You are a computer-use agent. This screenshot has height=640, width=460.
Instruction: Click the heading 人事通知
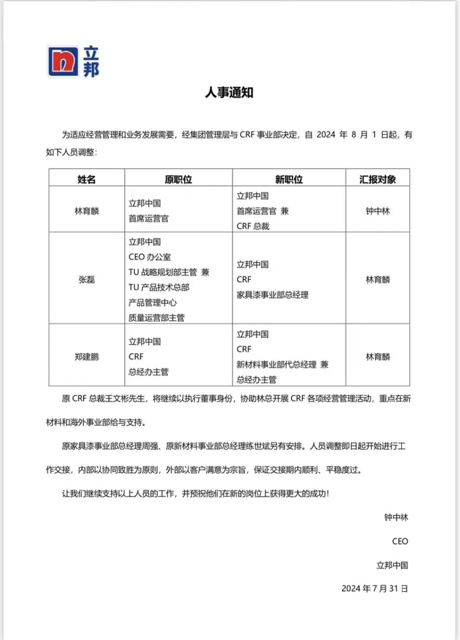coord(229,92)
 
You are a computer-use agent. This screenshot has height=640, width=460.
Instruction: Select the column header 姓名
coord(86,179)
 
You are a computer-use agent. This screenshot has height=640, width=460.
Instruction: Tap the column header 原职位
coord(178,179)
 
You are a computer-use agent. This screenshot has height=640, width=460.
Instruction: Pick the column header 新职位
coord(289,179)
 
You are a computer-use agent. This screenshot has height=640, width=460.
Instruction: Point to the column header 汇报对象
coord(378,179)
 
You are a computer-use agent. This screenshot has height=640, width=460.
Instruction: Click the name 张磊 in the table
coord(86,280)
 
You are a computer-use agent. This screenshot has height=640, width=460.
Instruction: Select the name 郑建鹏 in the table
coord(86,357)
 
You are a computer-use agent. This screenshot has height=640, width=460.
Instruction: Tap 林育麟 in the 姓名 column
coord(86,211)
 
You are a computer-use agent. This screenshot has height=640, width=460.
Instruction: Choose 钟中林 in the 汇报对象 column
coord(378,211)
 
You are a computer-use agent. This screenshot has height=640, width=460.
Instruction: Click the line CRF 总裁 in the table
coord(253,226)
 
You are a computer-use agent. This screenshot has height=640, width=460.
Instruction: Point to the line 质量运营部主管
coord(157,318)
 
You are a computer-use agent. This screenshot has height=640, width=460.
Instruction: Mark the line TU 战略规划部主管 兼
coord(169,272)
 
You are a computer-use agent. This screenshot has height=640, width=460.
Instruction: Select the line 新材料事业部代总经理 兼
coord(282,365)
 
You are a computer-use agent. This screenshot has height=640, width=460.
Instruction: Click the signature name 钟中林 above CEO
coord(396,518)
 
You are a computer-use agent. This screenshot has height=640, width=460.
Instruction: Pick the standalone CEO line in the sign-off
coord(400,541)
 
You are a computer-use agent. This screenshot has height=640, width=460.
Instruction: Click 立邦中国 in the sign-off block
coord(392,565)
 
